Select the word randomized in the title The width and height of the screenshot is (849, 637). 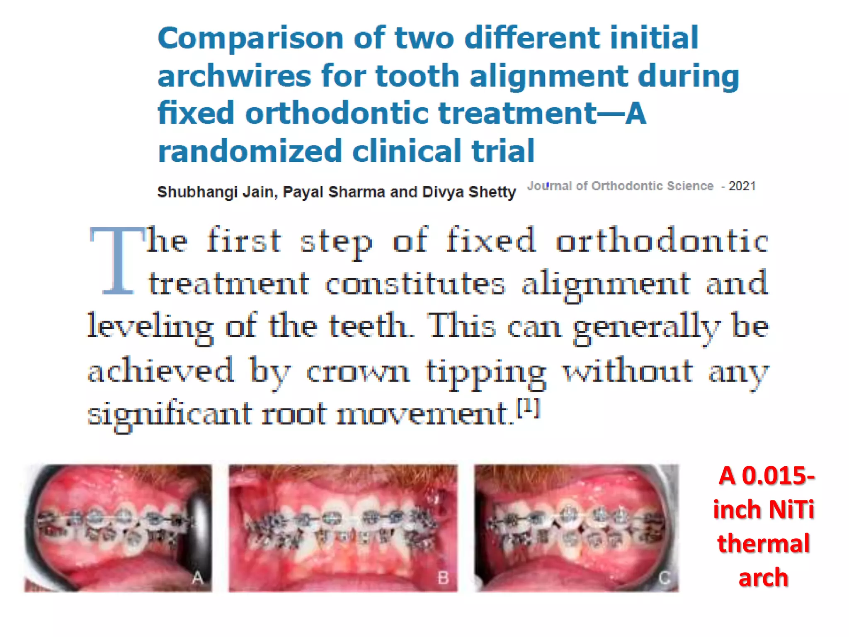(250, 151)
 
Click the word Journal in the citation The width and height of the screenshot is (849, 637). (549, 186)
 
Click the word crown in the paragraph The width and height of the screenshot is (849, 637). (358, 370)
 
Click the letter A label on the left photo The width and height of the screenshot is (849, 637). (198, 577)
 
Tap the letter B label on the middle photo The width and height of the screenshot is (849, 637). (443, 578)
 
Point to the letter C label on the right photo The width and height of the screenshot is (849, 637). (665, 578)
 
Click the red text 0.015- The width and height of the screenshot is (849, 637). (778, 476)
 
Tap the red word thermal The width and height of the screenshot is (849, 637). (764, 544)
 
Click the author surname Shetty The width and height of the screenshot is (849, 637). (492, 192)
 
